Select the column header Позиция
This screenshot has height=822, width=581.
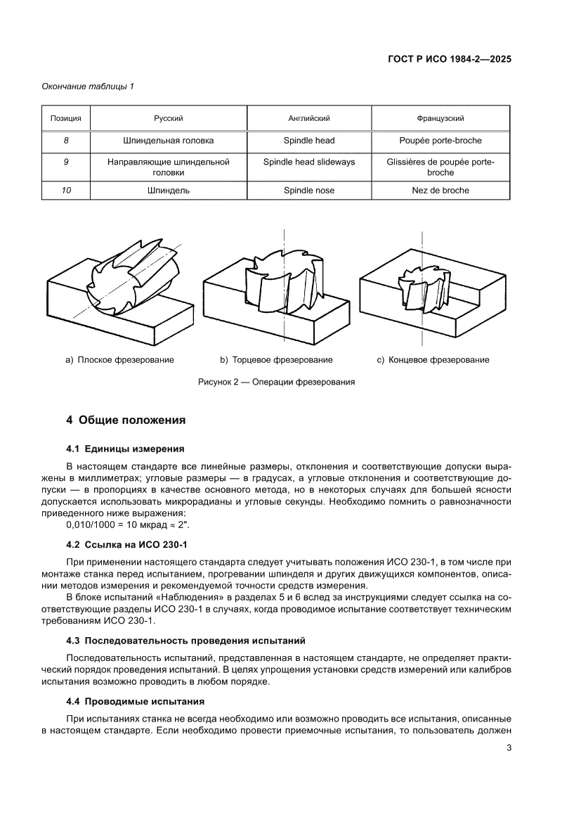tap(66, 119)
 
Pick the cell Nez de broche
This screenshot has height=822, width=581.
tap(440, 190)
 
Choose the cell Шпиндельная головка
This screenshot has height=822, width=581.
tap(169, 141)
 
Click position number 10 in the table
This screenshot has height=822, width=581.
tap(66, 190)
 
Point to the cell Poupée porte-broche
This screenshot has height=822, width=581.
tap(440, 141)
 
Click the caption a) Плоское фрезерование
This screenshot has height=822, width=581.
tap(119, 360)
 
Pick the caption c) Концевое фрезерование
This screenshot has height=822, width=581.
tap(433, 360)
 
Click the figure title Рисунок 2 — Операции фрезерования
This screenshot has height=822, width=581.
tap(275, 383)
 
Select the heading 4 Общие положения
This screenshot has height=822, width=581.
tap(126, 420)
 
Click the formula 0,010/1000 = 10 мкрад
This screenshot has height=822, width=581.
tap(127, 525)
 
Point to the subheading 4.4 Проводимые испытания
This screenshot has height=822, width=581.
tap(135, 701)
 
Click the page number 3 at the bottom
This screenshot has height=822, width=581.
tap(508, 748)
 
